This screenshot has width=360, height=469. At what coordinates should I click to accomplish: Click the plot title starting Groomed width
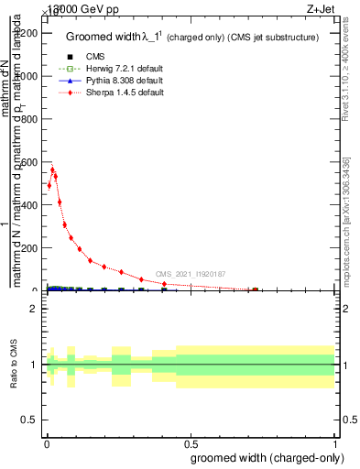click(191, 38)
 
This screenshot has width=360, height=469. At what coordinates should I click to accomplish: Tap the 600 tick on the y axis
click(29, 162)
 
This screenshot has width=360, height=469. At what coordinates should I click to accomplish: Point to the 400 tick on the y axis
click(29, 205)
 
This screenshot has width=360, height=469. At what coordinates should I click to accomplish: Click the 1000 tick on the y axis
click(27, 76)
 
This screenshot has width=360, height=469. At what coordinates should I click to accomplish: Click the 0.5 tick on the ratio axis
click(30, 420)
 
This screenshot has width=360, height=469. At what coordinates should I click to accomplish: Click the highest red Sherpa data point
click(52, 169)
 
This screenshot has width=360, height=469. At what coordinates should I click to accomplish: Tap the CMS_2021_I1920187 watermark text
click(190, 274)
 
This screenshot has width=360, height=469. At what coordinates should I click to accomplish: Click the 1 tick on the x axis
click(336, 446)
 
